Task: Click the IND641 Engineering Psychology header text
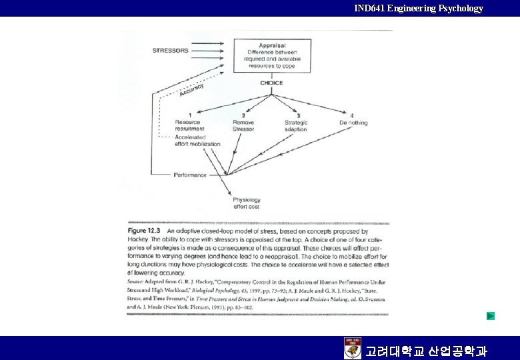point(419,8)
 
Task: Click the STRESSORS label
point(171,51)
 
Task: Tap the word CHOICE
point(271,83)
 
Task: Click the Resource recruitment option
point(189,125)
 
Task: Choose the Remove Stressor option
point(243,125)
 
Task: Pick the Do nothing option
point(353,122)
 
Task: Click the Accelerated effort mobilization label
point(197,141)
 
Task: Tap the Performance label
point(190,175)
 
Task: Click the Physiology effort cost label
point(246,203)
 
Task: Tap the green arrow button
point(491,315)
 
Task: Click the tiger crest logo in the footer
point(352,348)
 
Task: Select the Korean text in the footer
point(426,351)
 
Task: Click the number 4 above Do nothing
point(352,115)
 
